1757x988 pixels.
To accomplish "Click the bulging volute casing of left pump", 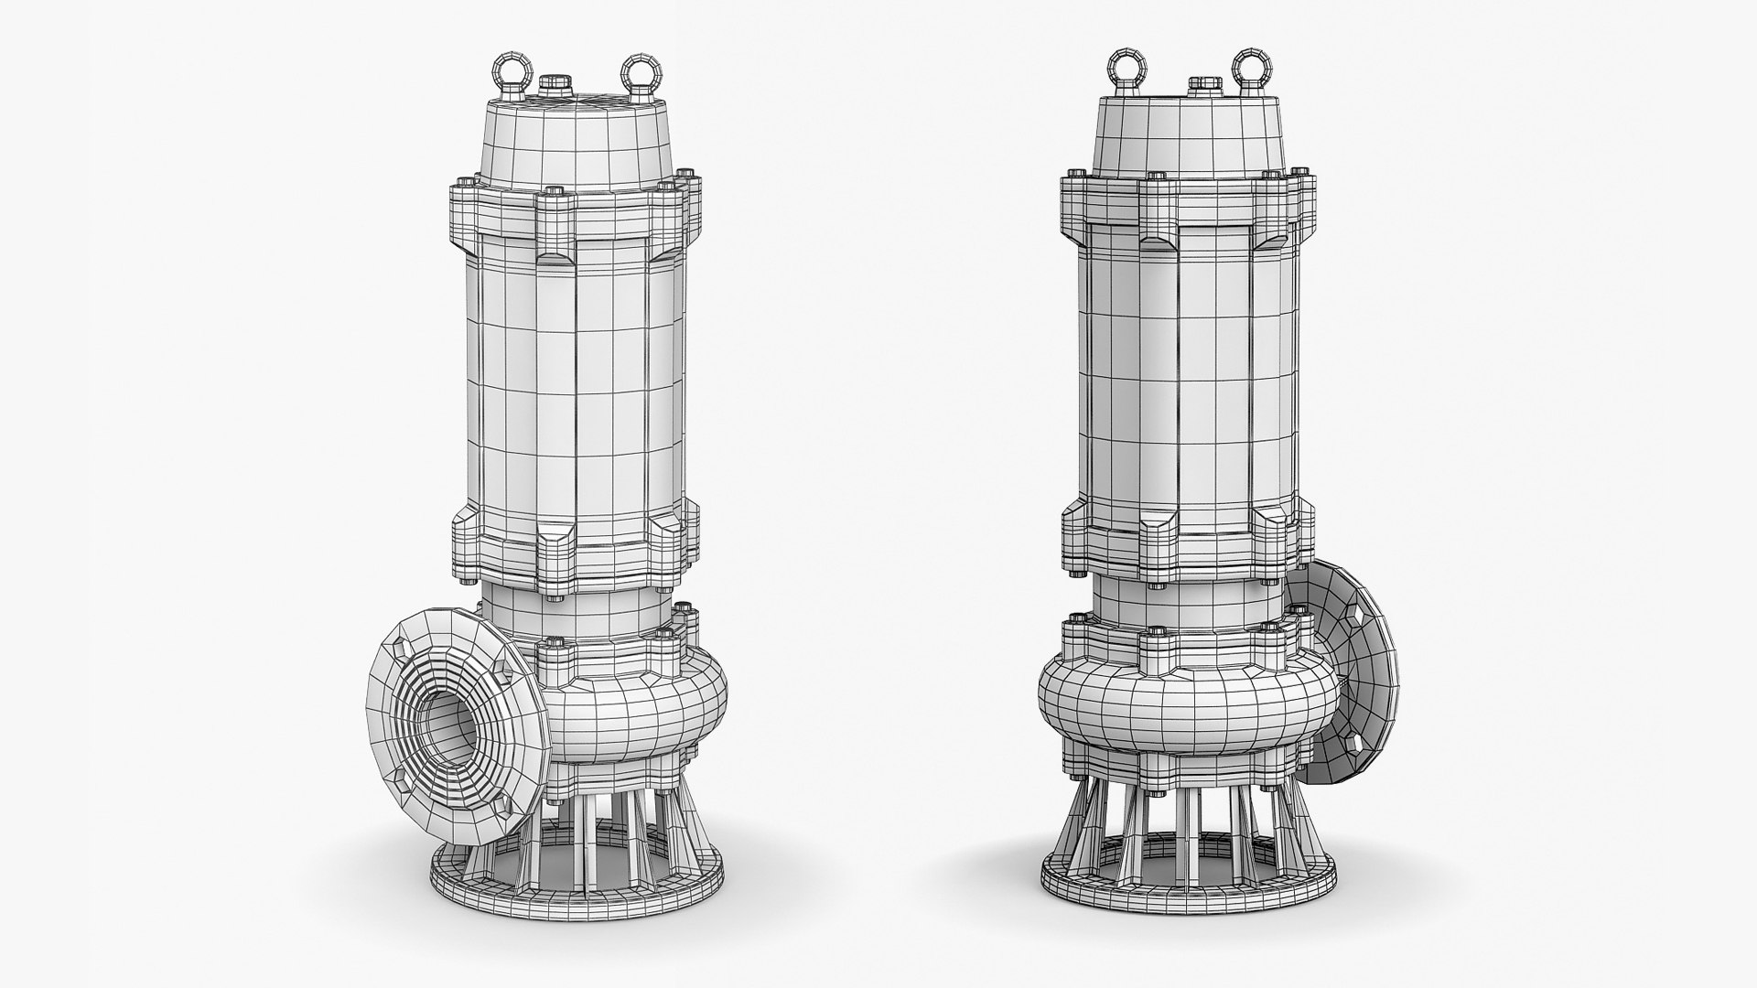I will coord(641,714).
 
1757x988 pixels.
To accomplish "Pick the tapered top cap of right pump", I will coord(1190,137).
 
